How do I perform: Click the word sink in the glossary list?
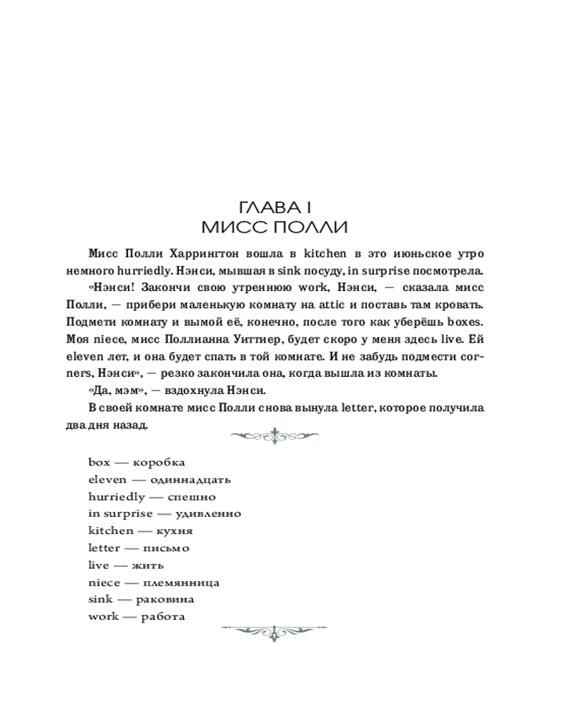[x=100, y=599]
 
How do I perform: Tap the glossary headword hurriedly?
[x=117, y=496]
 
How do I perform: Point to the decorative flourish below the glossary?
[x=275, y=631]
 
